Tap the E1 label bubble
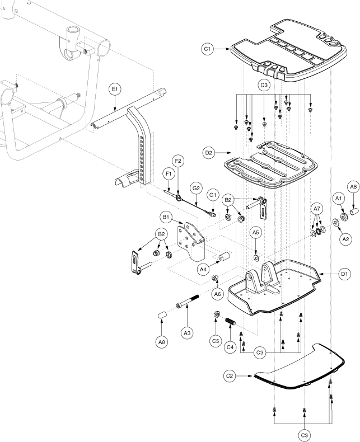point(114,90)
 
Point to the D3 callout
point(264,85)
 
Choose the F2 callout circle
point(178,161)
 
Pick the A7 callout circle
point(317,208)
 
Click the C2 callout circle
point(231,376)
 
